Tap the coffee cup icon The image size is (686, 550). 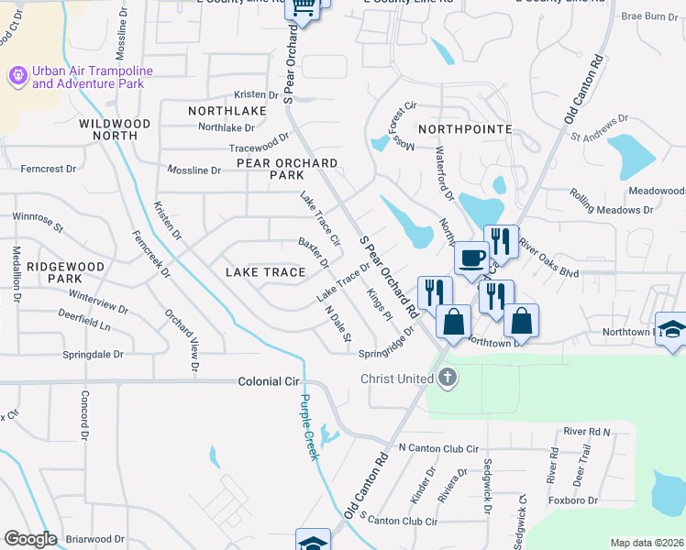point(471,258)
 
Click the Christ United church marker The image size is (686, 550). point(447,379)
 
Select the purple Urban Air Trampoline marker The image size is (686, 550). point(17,75)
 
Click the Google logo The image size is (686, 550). point(30,539)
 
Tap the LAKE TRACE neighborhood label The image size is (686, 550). point(265,272)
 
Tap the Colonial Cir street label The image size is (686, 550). point(270,380)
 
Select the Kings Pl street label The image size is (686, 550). point(380,305)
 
